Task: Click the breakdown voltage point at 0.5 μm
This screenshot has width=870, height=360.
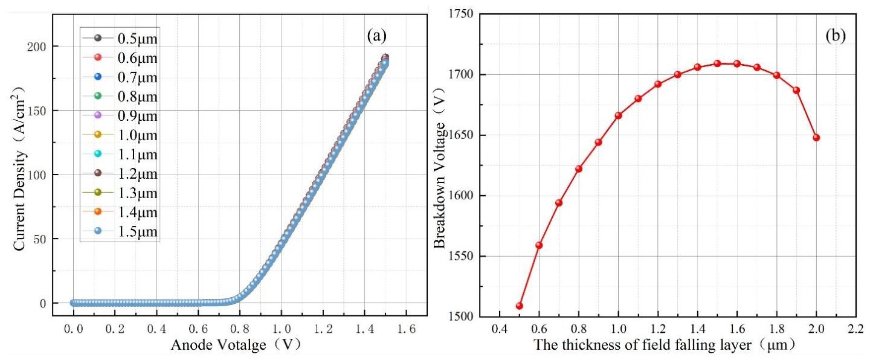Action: tap(519, 306)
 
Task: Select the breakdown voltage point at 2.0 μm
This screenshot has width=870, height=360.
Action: tap(816, 138)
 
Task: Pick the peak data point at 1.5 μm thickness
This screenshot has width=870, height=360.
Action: tap(717, 63)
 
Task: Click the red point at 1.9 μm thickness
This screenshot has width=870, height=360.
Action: tap(796, 91)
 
